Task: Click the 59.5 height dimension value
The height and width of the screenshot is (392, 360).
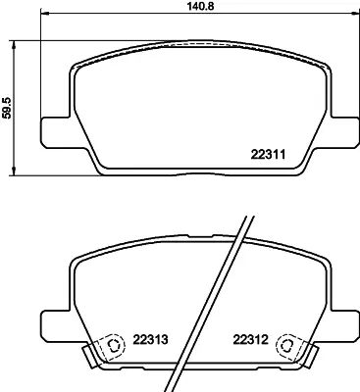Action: coord(7,107)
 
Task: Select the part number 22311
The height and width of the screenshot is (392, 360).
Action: coord(268,154)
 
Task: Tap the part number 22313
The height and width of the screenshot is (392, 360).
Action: coord(150,340)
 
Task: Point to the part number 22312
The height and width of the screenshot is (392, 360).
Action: coord(250,340)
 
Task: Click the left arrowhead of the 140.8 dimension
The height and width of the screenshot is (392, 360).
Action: coord(44,14)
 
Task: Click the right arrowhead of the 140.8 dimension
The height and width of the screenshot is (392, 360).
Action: coord(354,14)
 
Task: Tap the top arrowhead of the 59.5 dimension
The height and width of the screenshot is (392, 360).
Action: coord(14,45)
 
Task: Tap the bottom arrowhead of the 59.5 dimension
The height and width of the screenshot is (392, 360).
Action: coord(14,171)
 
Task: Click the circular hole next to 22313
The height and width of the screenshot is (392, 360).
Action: coord(115,345)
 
